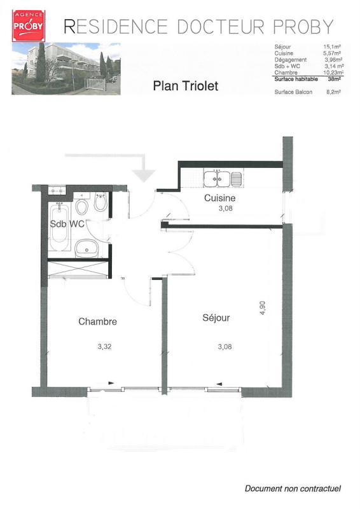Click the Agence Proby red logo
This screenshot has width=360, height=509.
(x=29, y=26)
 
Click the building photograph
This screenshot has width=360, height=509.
(x=66, y=69)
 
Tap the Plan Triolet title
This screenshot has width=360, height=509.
(x=185, y=86)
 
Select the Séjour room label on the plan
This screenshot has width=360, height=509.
(x=216, y=317)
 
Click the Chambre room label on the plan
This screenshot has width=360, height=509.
(x=97, y=321)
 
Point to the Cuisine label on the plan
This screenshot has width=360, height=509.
(x=220, y=198)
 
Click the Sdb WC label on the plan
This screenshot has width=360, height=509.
(x=67, y=224)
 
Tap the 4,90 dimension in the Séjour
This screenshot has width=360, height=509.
(x=262, y=308)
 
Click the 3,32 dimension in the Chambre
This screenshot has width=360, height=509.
(x=104, y=346)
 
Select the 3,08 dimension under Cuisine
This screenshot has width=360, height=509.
(x=225, y=209)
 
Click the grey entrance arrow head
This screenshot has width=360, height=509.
(x=144, y=176)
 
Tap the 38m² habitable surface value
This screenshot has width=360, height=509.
(x=334, y=79)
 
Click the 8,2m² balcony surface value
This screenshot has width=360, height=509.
(x=333, y=92)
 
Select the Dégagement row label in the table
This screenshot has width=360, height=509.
(x=290, y=60)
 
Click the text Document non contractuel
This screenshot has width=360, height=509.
(x=293, y=488)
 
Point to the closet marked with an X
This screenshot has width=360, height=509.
(x=78, y=269)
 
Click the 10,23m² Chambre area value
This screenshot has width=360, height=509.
(x=333, y=73)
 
